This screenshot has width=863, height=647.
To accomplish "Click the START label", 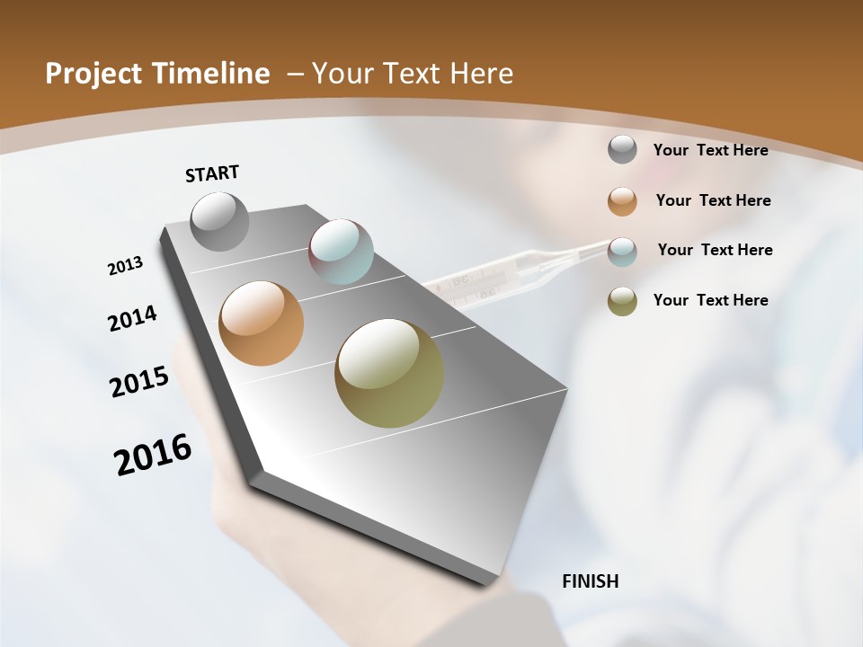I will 212,173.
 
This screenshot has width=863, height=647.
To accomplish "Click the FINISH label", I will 590,581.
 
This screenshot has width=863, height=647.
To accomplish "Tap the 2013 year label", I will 125,266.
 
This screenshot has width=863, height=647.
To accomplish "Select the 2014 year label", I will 132,319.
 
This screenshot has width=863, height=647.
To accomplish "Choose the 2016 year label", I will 153,455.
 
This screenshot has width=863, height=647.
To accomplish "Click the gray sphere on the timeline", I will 220,221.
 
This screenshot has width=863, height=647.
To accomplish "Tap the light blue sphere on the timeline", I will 341,251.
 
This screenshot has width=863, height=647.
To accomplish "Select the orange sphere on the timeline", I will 262,323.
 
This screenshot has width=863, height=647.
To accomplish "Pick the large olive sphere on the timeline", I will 389,373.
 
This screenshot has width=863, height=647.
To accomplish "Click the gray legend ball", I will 622,150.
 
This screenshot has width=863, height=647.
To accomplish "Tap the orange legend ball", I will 622,201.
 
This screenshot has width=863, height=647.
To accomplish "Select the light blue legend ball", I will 622,252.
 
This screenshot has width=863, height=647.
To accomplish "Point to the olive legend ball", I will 622,301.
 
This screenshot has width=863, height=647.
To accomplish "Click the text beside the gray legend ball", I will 710,150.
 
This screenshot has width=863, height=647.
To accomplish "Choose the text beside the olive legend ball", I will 710,300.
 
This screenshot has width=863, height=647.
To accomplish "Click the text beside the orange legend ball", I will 713,200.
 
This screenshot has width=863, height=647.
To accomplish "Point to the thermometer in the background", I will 503,274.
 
